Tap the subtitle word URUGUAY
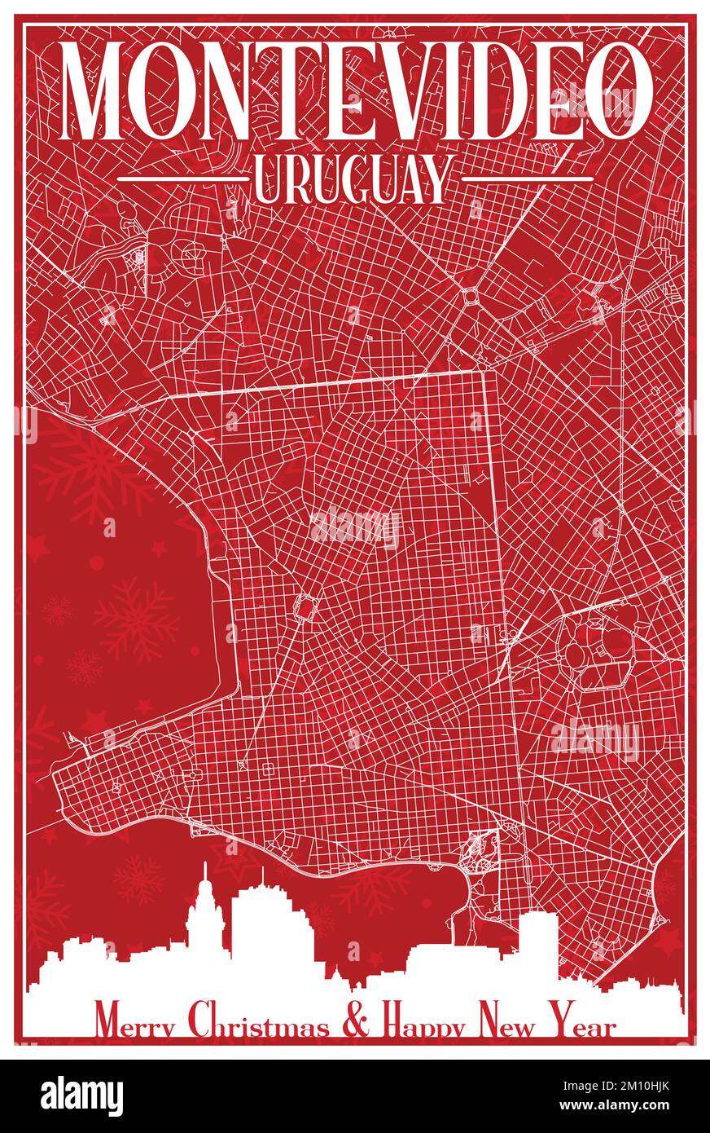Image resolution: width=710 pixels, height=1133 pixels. (352, 179)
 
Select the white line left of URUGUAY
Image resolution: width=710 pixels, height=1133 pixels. (182, 178)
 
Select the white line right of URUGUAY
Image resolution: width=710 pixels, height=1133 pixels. (525, 178)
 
